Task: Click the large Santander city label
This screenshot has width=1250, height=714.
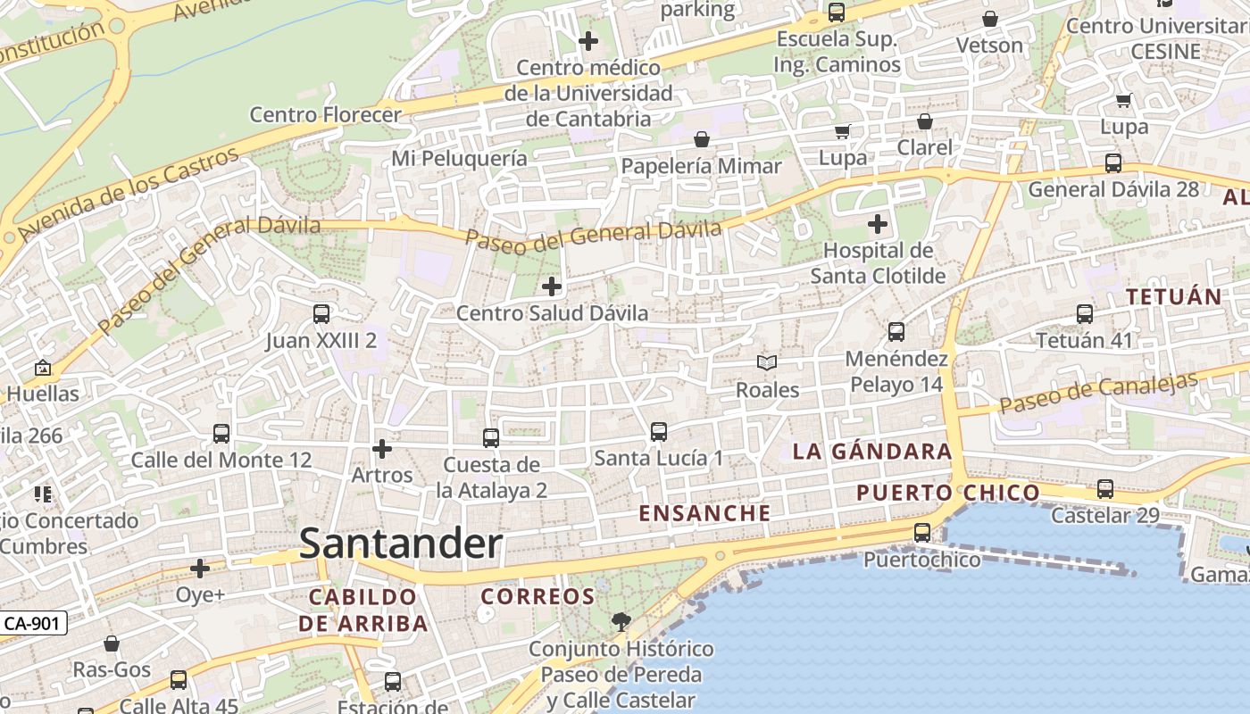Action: [401, 544]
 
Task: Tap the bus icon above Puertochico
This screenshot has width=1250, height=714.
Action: [922, 533]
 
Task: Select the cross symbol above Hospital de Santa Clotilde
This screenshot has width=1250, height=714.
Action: [878, 223]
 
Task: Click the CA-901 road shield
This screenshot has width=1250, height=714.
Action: [33, 623]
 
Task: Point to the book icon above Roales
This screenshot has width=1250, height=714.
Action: [767, 362]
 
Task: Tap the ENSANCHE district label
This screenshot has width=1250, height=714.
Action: [704, 513]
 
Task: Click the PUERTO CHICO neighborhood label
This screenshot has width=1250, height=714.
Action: [947, 493]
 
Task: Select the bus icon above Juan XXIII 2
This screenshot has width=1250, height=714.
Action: [321, 314]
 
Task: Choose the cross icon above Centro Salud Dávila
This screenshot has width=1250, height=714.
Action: [552, 286]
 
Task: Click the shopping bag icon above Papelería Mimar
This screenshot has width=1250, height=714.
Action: [702, 139]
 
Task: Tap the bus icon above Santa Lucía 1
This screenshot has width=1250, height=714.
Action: [659, 432]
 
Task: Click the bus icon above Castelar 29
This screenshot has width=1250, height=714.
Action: [1105, 489]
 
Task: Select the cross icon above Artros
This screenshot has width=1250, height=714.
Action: [382, 448]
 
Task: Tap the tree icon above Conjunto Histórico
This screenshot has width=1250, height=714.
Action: [621, 621]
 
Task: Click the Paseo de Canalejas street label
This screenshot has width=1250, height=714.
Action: [1098, 393]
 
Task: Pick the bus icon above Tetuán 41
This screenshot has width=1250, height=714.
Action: [1085, 314]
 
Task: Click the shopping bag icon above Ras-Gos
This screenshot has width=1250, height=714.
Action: [112, 643]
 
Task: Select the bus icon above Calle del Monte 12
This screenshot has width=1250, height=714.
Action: [221, 434]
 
